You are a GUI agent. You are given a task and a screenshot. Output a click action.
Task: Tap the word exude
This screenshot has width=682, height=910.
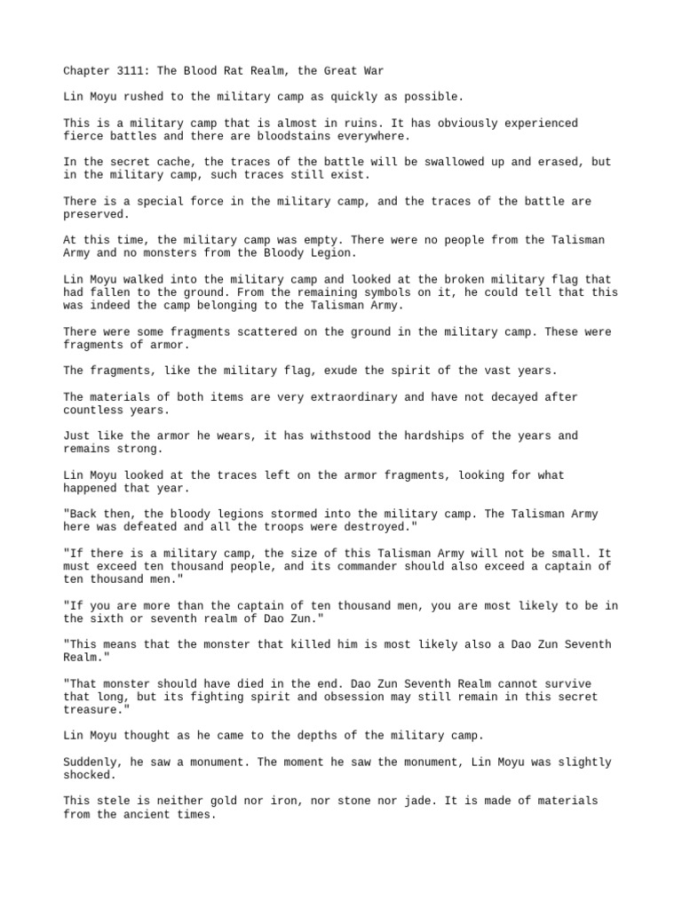pyautogui.click(x=346, y=371)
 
